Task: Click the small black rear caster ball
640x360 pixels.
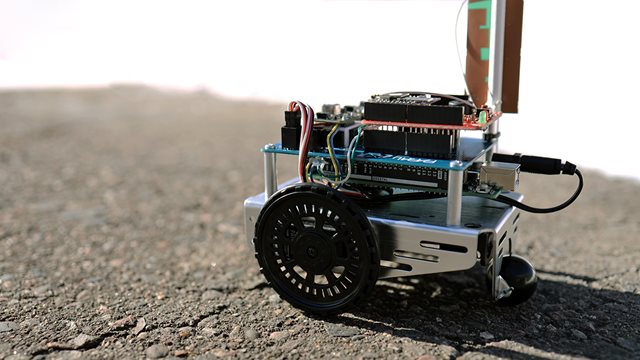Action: [x=518, y=278]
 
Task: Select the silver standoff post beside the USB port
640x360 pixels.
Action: [x=456, y=196]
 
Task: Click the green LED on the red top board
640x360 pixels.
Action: [x=482, y=117]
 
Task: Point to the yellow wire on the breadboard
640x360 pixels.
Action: [x=333, y=150]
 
